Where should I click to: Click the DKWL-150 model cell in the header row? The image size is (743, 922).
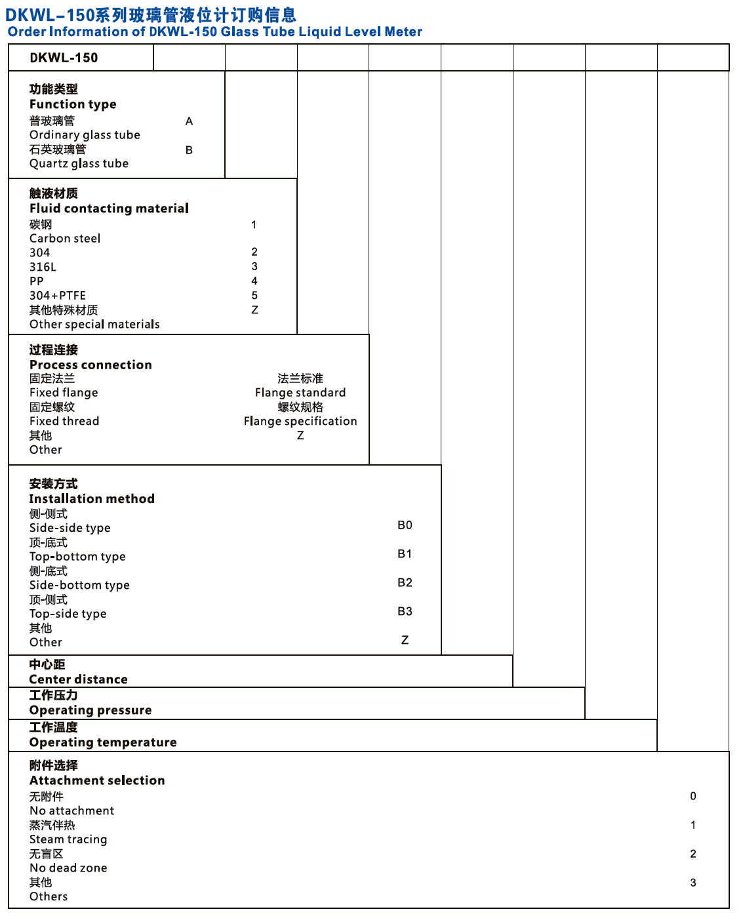pyautogui.click(x=64, y=58)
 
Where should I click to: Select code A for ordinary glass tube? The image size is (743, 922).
pyautogui.click(x=189, y=121)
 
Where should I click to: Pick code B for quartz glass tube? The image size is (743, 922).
pyautogui.click(x=189, y=150)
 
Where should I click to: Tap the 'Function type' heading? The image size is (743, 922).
pyautogui.click(x=73, y=104)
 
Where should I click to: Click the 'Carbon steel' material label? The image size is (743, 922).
pyautogui.click(x=65, y=239)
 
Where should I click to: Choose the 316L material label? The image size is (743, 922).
pyautogui.click(x=43, y=267)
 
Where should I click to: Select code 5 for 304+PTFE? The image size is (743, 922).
pyautogui.click(x=254, y=296)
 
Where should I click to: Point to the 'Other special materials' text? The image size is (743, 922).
pyautogui.click(x=94, y=325)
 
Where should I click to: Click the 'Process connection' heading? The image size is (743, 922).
pyautogui.click(x=90, y=365)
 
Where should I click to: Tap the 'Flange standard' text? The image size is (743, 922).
pyautogui.click(x=300, y=393)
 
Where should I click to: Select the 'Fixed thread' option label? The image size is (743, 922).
pyautogui.click(x=64, y=421)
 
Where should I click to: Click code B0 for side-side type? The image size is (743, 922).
pyautogui.click(x=405, y=525)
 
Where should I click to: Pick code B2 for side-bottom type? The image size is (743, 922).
pyautogui.click(x=405, y=583)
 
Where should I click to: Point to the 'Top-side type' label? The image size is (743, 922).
pyautogui.click(x=68, y=614)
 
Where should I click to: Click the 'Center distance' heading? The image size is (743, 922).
pyautogui.click(x=78, y=679)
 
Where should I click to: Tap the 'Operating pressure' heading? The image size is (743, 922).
pyautogui.click(x=90, y=710)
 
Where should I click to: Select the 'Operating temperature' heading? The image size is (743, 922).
pyautogui.click(x=103, y=742)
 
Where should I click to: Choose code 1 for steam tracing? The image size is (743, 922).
pyautogui.click(x=693, y=825)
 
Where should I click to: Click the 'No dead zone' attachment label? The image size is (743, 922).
pyautogui.click(x=68, y=868)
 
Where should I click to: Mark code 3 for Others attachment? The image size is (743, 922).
pyautogui.click(x=693, y=883)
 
